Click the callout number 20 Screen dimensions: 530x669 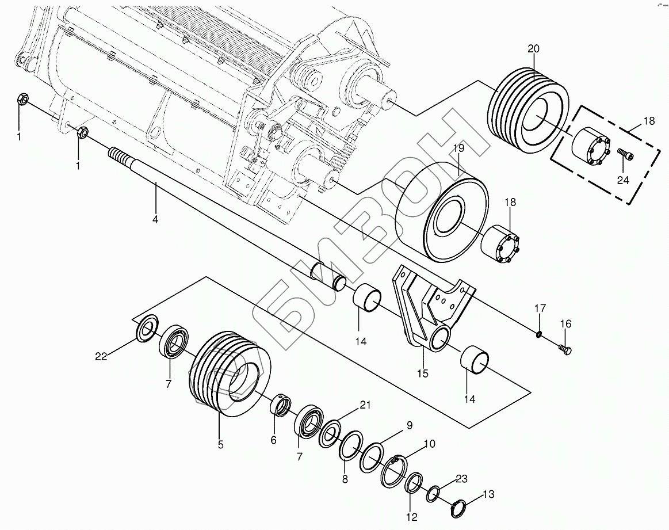click(533, 49)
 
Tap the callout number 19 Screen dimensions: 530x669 click(458, 148)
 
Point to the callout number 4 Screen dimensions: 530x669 click(155, 219)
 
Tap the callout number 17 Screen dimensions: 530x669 click(539, 309)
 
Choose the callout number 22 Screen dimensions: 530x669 click(101, 357)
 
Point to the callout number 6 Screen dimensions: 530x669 click(273, 440)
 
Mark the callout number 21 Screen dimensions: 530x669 click(364, 405)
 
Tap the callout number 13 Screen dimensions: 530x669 click(488, 494)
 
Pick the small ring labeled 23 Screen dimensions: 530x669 click(433, 493)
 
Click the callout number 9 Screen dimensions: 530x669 click(410, 426)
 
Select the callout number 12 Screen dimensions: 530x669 click(411, 517)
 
